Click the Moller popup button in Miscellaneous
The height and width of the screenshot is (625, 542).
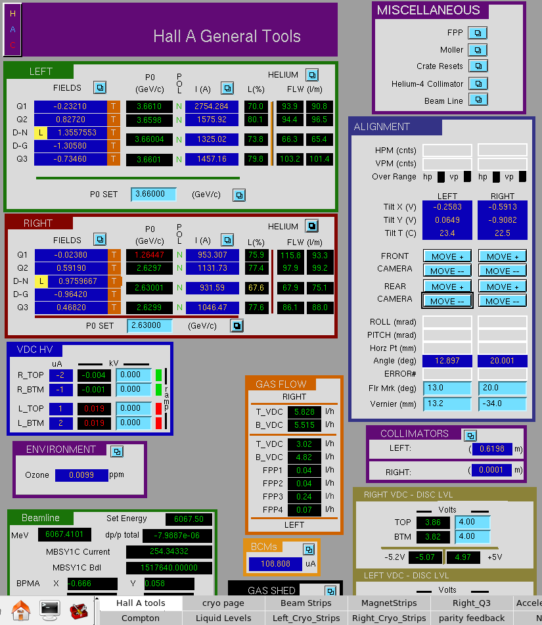tap(478, 50)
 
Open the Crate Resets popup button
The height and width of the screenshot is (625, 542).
tap(478, 66)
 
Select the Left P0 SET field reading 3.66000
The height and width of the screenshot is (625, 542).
tap(154, 194)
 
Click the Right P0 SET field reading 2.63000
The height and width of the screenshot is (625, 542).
tap(149, 325)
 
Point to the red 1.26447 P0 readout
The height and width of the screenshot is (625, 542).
tap(149, 255)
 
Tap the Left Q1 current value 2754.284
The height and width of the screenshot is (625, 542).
tap(212, 106)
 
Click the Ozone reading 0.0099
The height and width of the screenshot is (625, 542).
tap(81, 475)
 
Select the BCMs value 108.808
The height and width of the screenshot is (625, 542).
tap(275, 564)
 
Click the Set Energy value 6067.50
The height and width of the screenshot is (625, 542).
tap(189, 519)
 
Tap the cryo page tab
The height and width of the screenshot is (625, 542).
tap(223, 603)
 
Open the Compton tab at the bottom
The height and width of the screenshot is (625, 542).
tap(141, 618)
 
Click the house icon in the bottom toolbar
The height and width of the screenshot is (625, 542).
tap(21, 611)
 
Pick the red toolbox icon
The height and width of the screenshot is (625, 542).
tap(79, 611)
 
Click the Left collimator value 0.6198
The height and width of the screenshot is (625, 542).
tap(492, 449)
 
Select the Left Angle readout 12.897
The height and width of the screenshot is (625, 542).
tap(447, 361)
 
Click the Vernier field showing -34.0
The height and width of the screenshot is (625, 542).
tap(502, 404)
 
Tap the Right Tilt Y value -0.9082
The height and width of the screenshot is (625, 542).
tap(502, 220)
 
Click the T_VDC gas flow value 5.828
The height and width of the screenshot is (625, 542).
tap(304, 412)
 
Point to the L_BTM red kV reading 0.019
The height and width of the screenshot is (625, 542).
tap(94, 423)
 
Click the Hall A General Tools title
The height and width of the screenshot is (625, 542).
tap(227, 36)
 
